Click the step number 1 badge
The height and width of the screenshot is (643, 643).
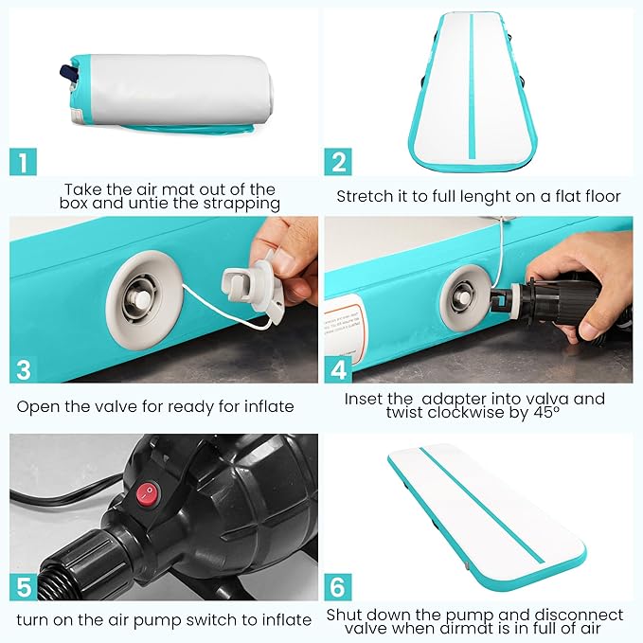(x=23, y=162)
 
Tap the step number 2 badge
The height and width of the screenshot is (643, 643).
(x=338, y=162)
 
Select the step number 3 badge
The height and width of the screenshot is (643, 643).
(x=23, y=369)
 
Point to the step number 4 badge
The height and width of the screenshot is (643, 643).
(x=338, y=369)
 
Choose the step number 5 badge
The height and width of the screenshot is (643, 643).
(x=24, y=587)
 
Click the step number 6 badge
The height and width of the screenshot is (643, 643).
(x=338, y=587)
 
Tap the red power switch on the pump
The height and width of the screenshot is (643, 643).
(x=148, y=494)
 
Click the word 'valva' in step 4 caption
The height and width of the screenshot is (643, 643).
(x=544, y=399)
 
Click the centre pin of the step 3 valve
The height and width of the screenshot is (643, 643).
(x=140, y=298)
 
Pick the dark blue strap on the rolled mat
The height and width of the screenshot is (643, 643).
(x=68, y=73)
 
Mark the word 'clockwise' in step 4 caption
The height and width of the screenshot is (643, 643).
(x=466, y=413)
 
